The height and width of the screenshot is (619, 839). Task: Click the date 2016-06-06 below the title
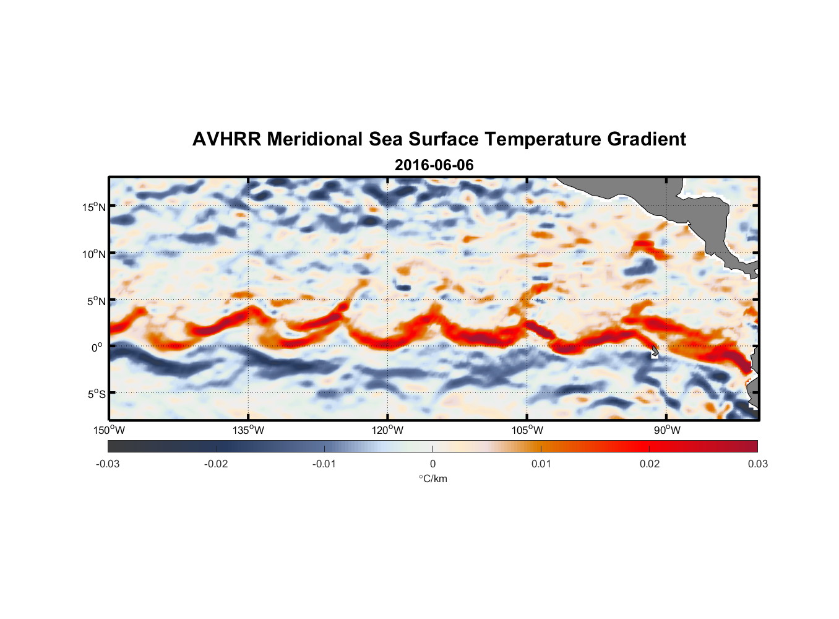(x=434, y=165)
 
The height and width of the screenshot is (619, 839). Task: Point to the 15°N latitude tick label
(x=94, y=207)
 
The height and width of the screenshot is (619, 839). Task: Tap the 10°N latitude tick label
(x=94, y=254)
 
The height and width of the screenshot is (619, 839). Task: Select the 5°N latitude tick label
(x=96, y=301)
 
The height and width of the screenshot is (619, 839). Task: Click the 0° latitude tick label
(x=97, y=347)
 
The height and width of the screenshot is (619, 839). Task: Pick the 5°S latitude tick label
(x=96, y=394)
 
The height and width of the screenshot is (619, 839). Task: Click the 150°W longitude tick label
(x=109, y=430)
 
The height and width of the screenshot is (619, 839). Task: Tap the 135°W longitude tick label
(x=248, y=430)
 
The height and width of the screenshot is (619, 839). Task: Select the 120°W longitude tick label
(x=387, y=430)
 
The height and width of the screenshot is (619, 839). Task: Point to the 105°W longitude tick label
(x=527, y=430)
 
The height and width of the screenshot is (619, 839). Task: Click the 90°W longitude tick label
(x=667, y=430)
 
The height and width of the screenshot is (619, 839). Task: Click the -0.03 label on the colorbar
(x=108, y=464)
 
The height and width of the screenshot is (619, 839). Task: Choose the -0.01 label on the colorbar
(x=324, y=464)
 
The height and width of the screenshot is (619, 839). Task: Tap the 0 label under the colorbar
(x=432, y=464)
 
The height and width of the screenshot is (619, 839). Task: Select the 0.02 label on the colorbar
(x=650, y=464)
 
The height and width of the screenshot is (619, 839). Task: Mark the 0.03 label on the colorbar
(x=757, y=464)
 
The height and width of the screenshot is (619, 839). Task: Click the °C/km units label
(x=432, y=478)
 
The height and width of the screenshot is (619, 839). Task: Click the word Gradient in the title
(x=647, y=139)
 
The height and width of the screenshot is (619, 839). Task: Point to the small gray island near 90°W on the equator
(x=655, y=351)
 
